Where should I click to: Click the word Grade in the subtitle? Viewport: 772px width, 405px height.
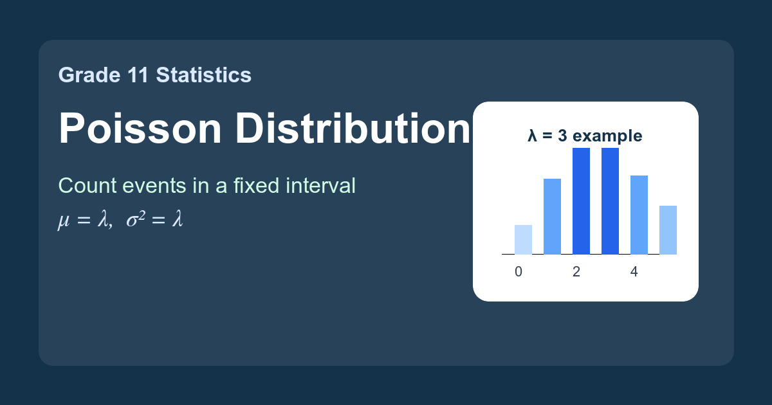[x=89, y=75]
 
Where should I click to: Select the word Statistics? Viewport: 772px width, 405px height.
[x=204, y=75]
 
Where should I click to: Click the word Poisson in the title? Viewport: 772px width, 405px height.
[x=140, y=128]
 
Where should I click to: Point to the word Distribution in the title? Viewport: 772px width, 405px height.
[x=353, y=127]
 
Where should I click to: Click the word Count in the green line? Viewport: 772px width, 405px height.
[x=88, y=186]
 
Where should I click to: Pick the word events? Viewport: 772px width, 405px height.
[x=154, y=186]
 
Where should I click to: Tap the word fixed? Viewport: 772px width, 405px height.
[x=256, y=186]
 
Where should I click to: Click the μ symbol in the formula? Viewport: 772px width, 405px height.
[x=64, y=221]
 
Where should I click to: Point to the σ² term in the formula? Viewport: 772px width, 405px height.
[x=136, y=219]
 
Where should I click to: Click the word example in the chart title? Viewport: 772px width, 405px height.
[x=607, y=136]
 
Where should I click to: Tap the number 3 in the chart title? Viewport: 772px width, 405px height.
[x=562, y=136]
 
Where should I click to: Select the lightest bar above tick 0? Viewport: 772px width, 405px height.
[x=523, y=240]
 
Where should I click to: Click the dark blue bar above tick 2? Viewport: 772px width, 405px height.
[x=581, y=201]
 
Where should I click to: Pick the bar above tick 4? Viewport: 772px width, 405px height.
[x=639, y=215]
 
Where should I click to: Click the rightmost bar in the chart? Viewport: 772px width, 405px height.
[x=668, y=230]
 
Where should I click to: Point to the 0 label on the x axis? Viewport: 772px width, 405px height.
[x=519, y=272]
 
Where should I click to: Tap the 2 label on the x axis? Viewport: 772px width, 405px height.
[x=576, y=272]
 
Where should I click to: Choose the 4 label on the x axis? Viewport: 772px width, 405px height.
[x=634, y=272]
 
